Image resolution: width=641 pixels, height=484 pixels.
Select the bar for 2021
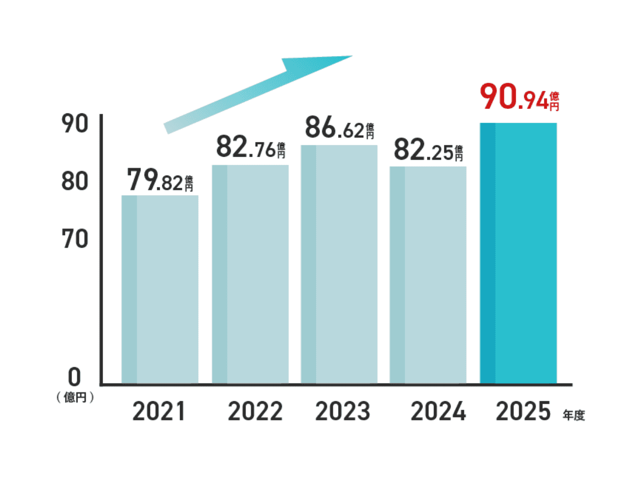click(160, 289)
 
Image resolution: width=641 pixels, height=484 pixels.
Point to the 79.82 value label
click(160, 180)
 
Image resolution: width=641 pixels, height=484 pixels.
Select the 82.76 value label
click(250, 147)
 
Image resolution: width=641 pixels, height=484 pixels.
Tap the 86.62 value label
click(339, 128)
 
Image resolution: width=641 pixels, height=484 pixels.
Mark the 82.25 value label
click(428, 150)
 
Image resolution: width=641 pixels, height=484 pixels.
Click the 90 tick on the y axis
click(74, 124)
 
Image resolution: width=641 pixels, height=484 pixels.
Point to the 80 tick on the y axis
click(74, 181)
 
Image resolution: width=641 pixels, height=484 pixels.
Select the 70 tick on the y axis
click(74, 240)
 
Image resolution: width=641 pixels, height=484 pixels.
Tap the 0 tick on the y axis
click(74, 378)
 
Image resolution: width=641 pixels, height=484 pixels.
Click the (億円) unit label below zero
click(75, 397)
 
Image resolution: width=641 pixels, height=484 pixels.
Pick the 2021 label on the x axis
click(159, 412)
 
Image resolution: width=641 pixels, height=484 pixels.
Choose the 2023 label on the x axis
click(343, 412)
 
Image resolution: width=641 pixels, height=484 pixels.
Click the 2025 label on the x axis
click(523, 412)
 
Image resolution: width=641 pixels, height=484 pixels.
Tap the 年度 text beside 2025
click(573, 415)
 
